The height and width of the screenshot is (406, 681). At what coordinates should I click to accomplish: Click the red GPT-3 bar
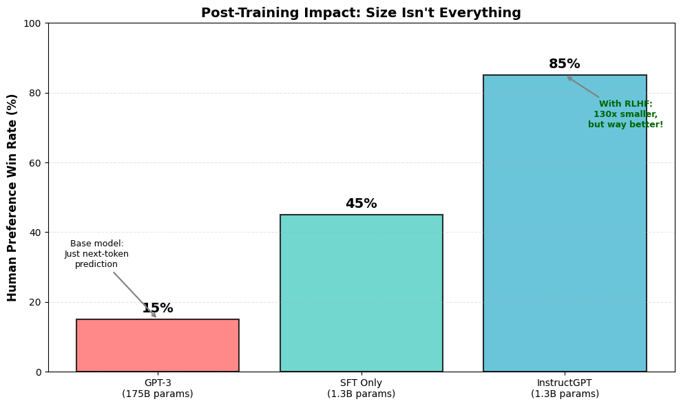coord(158,345)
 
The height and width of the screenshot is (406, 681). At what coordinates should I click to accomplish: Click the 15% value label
coord(158,308)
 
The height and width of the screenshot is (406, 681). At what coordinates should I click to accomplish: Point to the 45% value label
coord(361,204)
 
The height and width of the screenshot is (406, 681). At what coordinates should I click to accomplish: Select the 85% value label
coord(565,64)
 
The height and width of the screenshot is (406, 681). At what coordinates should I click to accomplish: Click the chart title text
coord(361,13)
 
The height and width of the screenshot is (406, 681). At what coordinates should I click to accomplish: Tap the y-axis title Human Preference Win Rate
coord(12,197)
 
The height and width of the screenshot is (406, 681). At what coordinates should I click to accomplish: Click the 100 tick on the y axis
coord(33,23)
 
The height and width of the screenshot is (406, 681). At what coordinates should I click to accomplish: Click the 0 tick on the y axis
coord(39,372)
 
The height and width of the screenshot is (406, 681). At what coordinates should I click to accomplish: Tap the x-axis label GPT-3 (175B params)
coord(158,389)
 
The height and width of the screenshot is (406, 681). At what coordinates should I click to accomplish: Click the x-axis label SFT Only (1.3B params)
coord(361,389)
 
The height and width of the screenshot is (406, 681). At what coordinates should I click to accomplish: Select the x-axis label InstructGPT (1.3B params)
coord(565,389)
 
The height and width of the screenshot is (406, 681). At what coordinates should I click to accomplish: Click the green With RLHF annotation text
coord(625,114)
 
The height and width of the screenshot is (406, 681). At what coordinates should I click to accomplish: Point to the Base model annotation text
coord(97,254)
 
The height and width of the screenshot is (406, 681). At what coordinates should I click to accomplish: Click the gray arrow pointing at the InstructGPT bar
coord(583,87)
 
